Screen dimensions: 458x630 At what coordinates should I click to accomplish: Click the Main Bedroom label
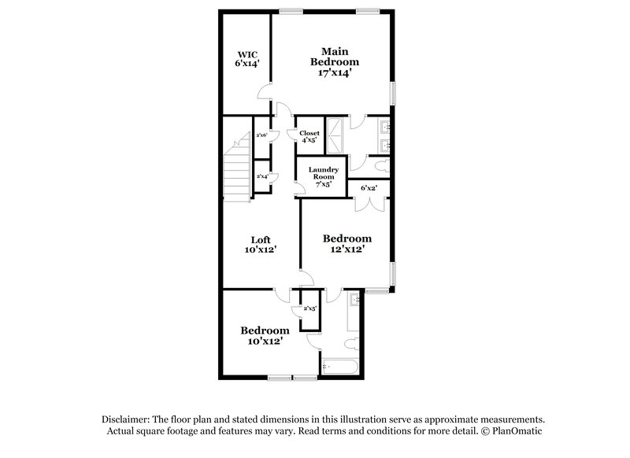335,61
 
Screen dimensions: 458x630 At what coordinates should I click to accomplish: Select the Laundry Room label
324,173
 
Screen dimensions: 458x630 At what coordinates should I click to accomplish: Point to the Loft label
260,245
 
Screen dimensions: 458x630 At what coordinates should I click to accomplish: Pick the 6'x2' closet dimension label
369,188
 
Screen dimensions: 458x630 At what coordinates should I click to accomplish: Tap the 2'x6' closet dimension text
262,135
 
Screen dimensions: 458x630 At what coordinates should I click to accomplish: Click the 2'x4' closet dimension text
262,176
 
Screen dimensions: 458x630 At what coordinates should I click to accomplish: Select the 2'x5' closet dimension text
309,308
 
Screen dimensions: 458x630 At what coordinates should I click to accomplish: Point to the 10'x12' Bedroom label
264,336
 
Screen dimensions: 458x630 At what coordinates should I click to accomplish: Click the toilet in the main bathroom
380,166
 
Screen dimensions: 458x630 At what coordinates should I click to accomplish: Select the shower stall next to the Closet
334,135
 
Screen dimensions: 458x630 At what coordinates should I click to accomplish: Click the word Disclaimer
127,419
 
